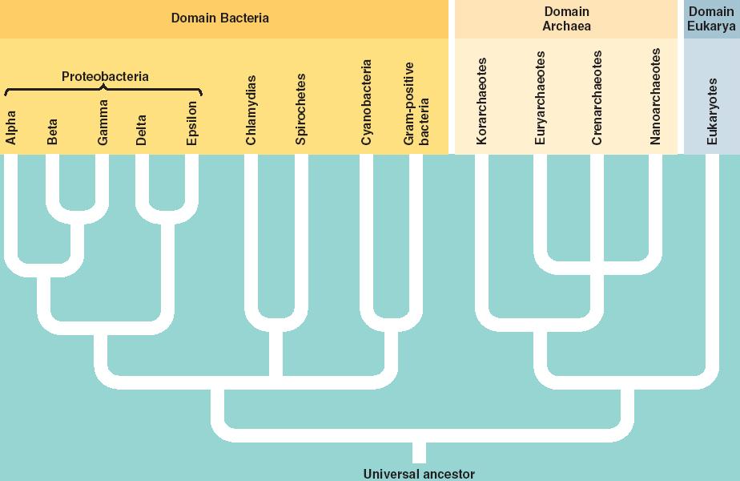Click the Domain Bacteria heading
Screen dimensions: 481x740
click(x=219, y=18)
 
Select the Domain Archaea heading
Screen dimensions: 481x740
click(x=566, y=18)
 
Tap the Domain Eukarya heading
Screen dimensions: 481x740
click(x=711, y=18)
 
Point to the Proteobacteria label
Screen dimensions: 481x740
click(x=105, y=77)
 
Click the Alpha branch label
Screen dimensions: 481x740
click(x=11, y=127)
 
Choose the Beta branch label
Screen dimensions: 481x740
click(x=53, y=131)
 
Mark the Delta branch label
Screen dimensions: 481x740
click(x=141, y=129)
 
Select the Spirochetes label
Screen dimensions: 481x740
click(x=300, y=109)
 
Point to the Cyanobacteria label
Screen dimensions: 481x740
click(x=367, y=102)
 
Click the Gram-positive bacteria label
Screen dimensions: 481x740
click(x=416, y=103)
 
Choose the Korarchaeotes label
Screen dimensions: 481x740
click(x=481, y=101)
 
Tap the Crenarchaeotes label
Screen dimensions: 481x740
click(x=597, y=98)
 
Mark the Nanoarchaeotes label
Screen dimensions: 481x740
click(x=655, y=97)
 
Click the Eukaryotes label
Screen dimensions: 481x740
click(x=713, y=111)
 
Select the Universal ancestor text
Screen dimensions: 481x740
click(x=419, y=474)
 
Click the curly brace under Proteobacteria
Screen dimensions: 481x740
click(x=103, y=90)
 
